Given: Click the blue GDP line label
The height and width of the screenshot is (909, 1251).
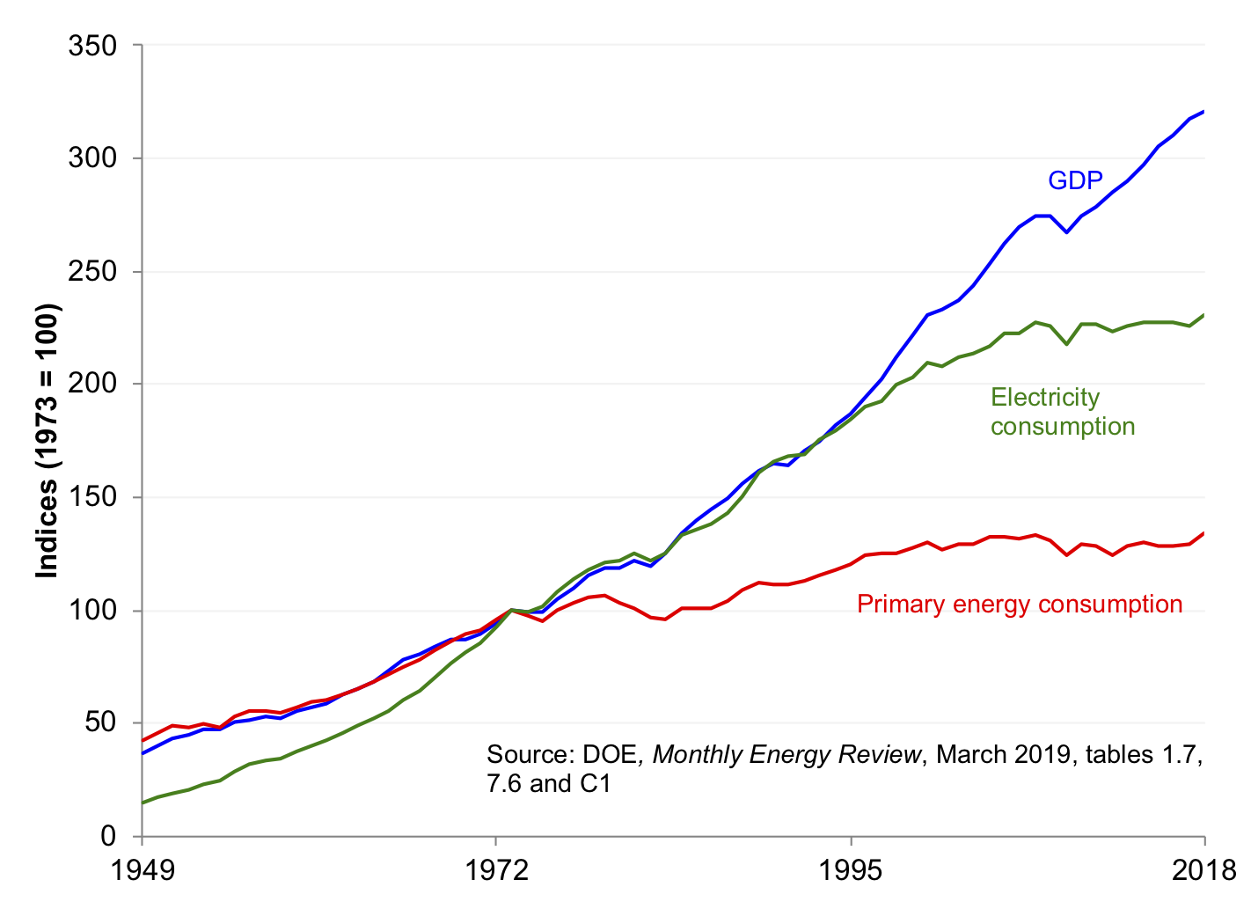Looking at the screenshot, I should coord(1075,180).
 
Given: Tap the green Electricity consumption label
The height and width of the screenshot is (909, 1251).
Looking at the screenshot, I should coord(1062,412).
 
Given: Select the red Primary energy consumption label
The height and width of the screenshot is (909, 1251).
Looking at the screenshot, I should coord(1019,605).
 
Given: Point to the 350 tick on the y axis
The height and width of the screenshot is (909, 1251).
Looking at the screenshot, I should coord(92,46).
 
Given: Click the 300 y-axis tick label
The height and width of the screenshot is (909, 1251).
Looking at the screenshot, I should coord(92,158).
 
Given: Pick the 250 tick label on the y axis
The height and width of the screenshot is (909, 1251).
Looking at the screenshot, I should coord(92,271).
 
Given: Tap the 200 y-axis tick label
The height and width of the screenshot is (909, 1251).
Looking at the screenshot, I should coord(92,385).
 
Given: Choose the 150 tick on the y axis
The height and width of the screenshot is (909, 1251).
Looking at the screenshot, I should coord(92,497).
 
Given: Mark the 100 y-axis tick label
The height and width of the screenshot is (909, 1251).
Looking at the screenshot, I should coord(92,610).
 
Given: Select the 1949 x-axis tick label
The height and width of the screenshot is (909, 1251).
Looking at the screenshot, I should coord(143,870).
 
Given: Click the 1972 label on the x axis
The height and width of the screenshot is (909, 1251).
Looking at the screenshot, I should coord(497,870).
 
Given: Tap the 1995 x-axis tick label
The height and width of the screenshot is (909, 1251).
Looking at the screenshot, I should coord(851,870).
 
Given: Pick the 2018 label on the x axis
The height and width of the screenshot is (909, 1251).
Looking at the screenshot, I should coord(1204,870).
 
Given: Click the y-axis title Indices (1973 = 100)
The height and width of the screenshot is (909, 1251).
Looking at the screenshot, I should coord(47,441).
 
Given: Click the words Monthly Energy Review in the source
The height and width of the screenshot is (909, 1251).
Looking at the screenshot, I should coord(786,755).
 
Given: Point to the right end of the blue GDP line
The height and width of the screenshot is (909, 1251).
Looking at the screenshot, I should coord(1203,112).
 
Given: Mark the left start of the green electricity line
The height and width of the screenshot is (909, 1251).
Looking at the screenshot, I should coord(143,803).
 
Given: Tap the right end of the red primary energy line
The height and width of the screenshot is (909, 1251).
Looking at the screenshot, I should coord(1203,533).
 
